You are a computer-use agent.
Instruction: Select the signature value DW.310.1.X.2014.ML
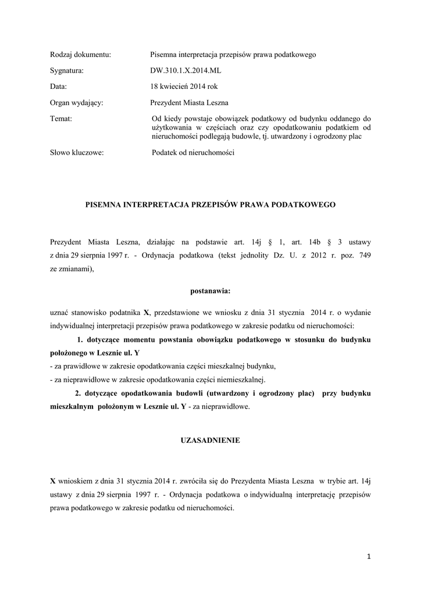click(x=185, y=71)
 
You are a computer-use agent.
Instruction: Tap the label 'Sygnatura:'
click(x=67, y=71)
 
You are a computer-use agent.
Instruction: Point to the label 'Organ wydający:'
click(x=77, y=103)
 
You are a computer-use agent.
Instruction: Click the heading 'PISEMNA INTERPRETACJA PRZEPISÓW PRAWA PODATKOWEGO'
click(x=211, y=205)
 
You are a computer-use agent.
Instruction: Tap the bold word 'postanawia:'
click(x=211, y=289)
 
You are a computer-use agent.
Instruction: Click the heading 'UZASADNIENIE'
click(x=211, y=441)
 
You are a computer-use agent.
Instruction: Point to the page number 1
click(x=369, y=557)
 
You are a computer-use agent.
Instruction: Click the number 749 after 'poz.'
click(x=365, y=256)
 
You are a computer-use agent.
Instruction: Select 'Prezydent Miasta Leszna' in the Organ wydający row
click(x=189, y=103)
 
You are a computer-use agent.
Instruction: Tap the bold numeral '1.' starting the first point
click(x=81, y=339)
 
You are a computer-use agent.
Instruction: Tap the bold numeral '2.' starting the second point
click(x=71, y=393)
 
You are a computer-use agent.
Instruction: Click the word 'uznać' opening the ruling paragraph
click(x=60, y=311)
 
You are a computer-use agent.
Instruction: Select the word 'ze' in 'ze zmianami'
click(x=54, y=270)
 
